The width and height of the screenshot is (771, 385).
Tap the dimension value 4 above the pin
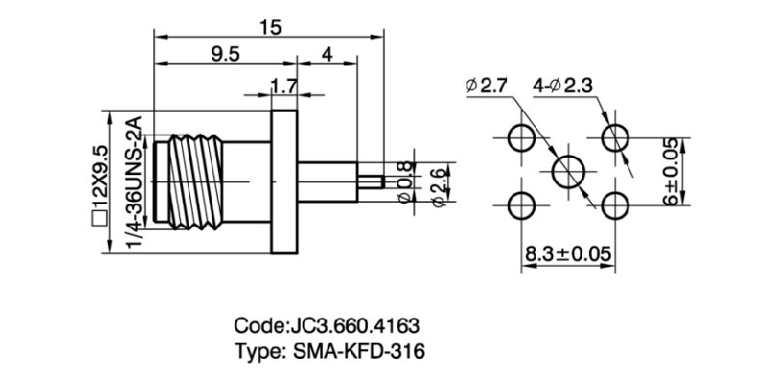coord(327,55)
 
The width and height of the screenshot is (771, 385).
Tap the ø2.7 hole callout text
coord(487,87)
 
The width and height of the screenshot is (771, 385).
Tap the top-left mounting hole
coord(522,137)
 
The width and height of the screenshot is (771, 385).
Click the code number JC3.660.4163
coord(354,325)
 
